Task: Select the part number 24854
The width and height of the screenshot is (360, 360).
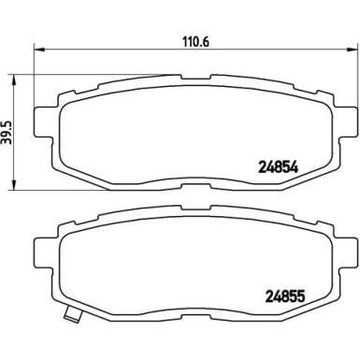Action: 278,168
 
